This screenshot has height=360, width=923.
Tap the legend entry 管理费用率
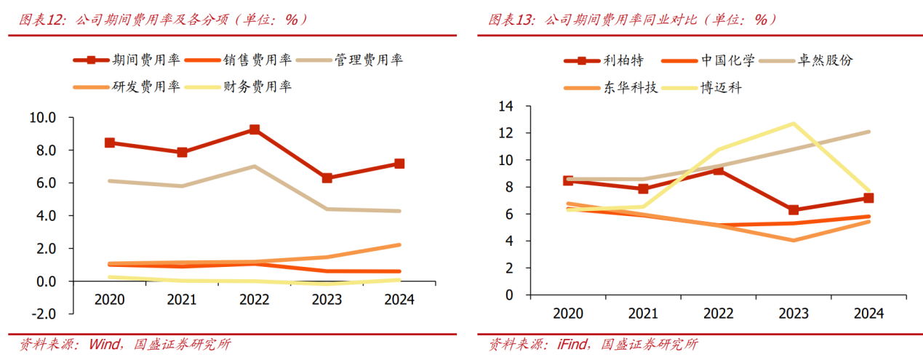[x=369, y=60]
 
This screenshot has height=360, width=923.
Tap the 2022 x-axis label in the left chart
[x=255, y=300]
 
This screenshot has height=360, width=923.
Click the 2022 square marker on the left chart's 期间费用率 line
[x=255, y=129]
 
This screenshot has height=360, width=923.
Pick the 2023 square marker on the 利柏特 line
[x=793, y=209]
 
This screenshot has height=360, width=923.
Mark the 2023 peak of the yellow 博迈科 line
[x=793, y=124]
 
